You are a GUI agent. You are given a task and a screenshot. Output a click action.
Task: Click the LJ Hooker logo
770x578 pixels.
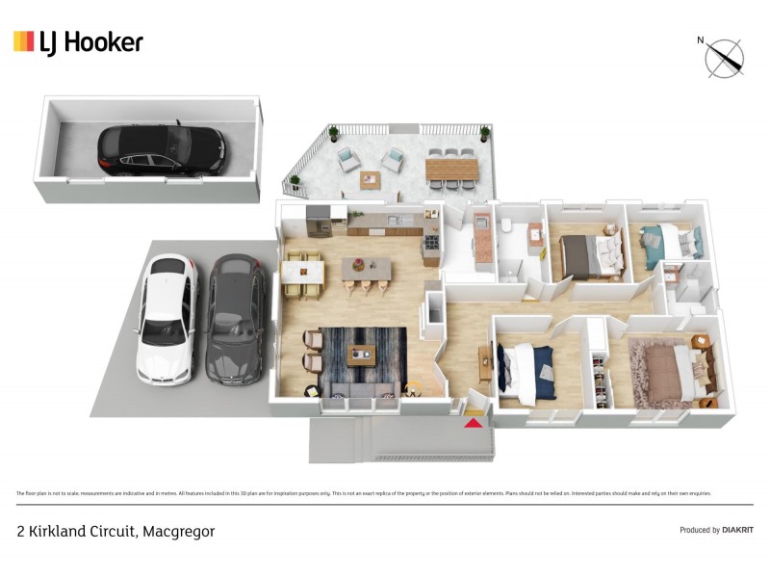78,41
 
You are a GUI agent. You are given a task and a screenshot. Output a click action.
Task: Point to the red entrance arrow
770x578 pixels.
474,421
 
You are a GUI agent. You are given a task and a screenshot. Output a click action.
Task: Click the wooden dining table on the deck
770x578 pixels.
451,170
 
